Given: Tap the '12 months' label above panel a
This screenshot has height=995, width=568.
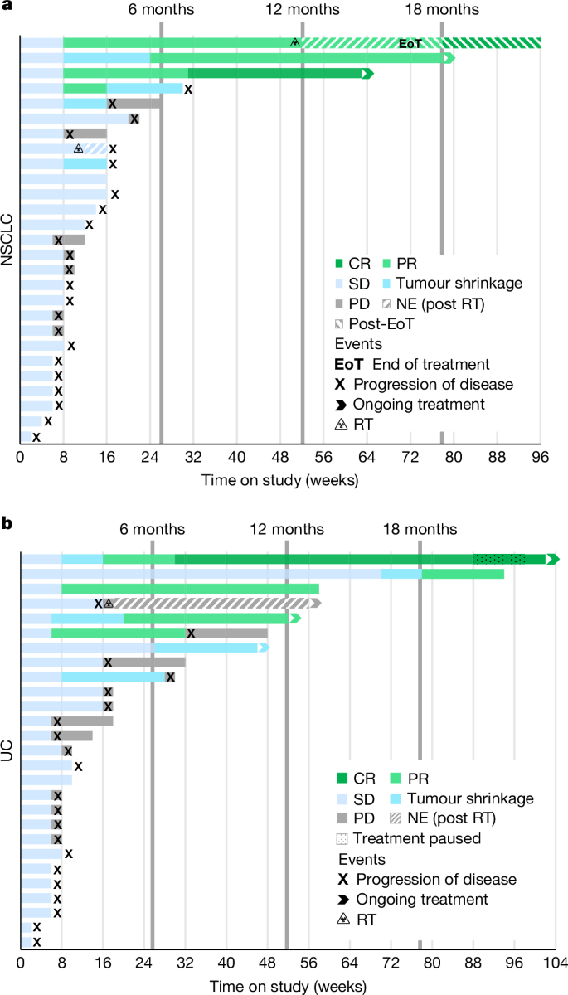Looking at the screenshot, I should pos(302,10).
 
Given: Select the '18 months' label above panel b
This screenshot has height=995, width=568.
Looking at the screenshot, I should pos(420,530).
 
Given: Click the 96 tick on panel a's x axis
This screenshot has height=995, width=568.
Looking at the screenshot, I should pos(541,456).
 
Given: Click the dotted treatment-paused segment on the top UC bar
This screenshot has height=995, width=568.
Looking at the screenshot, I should pos(498,559).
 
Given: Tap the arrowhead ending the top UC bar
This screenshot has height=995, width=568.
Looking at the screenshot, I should pos(553,559).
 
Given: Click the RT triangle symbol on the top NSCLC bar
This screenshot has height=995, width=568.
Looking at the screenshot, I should pos(294,43).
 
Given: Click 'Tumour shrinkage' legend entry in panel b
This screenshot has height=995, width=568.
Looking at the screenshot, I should pos(473,798).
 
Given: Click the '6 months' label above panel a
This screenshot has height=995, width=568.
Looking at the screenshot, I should pos(161,10).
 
